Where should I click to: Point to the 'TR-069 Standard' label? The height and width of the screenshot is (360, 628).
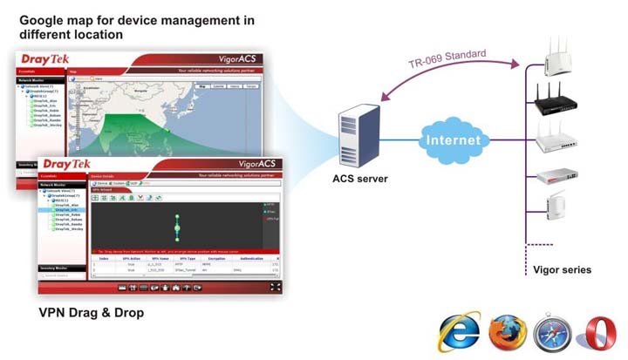click(446, 61)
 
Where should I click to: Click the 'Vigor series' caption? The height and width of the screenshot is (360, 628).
click(562, 269)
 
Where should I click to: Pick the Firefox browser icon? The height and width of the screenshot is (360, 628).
click(508, 334)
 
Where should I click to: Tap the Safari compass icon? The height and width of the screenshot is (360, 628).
click(552, 334)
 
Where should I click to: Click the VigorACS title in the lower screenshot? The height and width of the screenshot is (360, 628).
click(256, 163)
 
